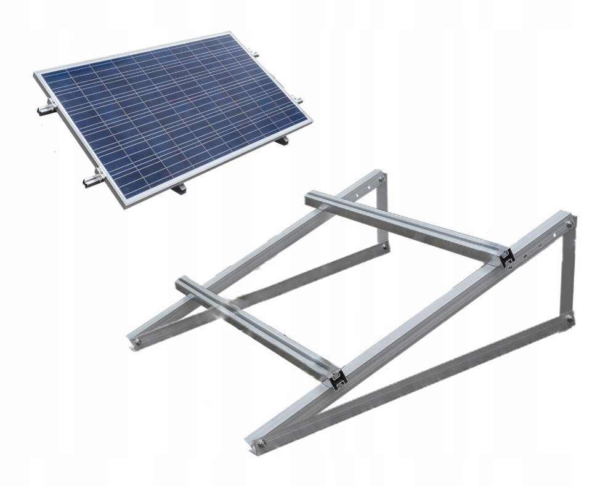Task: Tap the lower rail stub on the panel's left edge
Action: pos(91,180)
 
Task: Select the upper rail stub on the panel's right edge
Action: pos(256,57)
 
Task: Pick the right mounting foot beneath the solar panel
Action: pos(282,141)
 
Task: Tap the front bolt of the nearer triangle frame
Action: pos(264,442)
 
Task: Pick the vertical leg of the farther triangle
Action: pos(383,213)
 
